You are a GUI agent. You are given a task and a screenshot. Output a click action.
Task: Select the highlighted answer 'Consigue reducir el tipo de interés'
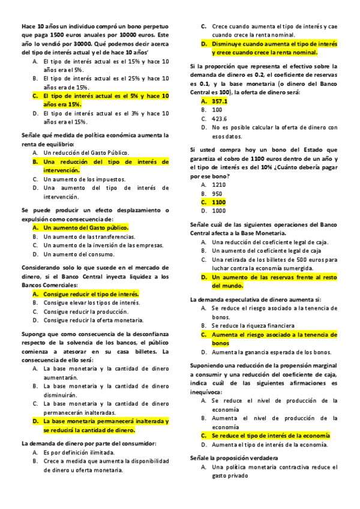[91, 294]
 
